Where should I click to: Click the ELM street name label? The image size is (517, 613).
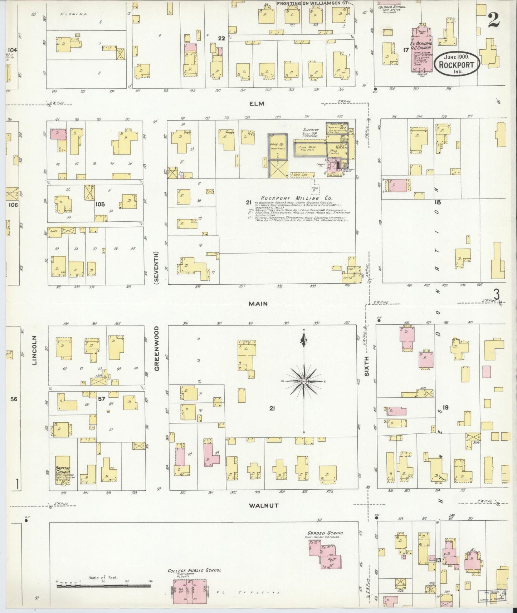pos(257,104)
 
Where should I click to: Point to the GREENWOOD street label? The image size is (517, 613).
pos(157,348)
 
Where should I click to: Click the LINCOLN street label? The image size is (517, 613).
pos(35,350)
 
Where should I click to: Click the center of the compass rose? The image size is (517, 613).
pos(304,382)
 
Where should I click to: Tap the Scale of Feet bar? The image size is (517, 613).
pos(104,582)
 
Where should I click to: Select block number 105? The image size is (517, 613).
pos(100,204)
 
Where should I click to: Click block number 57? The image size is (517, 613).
pos(102,399)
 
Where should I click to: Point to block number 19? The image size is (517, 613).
pos(445,407)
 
